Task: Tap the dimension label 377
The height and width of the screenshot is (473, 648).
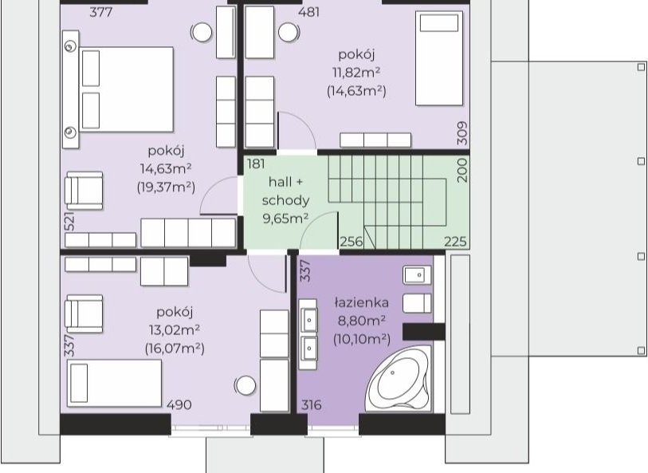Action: point(101,12)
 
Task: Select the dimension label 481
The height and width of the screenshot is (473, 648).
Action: point(308,12)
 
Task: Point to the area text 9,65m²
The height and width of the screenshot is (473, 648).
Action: point(285,218)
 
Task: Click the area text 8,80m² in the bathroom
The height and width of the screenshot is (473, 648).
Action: point(362,321)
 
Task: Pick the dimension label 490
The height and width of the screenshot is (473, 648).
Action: point(179,404)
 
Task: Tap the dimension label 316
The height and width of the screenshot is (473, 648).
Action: point(311,404)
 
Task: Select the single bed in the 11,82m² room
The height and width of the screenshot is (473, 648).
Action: point(439,58)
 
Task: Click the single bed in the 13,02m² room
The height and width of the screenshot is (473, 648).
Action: point(114,384)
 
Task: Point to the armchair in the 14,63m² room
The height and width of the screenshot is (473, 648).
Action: point(84,191)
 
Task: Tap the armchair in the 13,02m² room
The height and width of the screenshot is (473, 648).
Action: point(84,313)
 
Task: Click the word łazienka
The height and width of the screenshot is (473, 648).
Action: point(362,302)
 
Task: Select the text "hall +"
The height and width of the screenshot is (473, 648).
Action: point(285,182)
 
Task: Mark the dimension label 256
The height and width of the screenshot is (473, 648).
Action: point(351,242)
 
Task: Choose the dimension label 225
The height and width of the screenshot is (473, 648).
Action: point(455,242)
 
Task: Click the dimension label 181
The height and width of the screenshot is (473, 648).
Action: point(256,164)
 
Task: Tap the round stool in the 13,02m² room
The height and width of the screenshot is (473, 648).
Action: point(245,385)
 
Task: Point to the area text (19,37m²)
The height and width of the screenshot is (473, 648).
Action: point(166,187)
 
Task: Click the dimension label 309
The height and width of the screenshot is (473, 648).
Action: point(462,133)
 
